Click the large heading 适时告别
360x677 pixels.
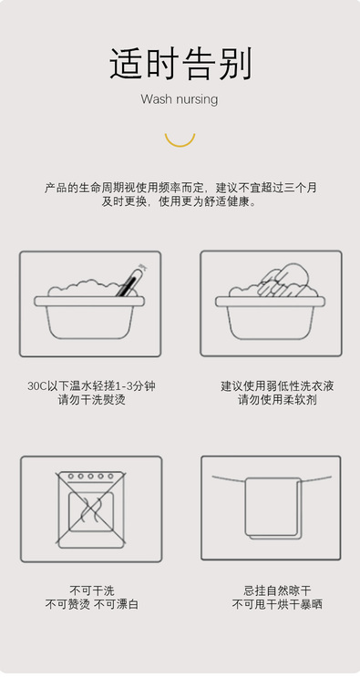[180, 64]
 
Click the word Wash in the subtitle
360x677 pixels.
[156, 99]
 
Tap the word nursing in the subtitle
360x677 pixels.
[196, 99]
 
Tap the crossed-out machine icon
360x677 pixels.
[91, 509]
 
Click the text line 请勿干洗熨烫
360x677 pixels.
[91, 400]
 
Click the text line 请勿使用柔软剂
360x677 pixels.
[277, 400]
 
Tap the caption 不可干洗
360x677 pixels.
[92, 590]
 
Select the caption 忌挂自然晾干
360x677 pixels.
[277, 590]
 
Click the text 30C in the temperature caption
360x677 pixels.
[36, 386]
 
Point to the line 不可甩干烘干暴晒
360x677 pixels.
[277, 604]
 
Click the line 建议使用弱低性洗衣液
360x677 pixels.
[277, 386]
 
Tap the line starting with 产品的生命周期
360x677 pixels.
[180, 188]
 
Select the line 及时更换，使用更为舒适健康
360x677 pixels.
[180, 201]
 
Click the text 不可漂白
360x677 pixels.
[116, 604]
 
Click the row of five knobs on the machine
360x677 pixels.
[90, 477]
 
